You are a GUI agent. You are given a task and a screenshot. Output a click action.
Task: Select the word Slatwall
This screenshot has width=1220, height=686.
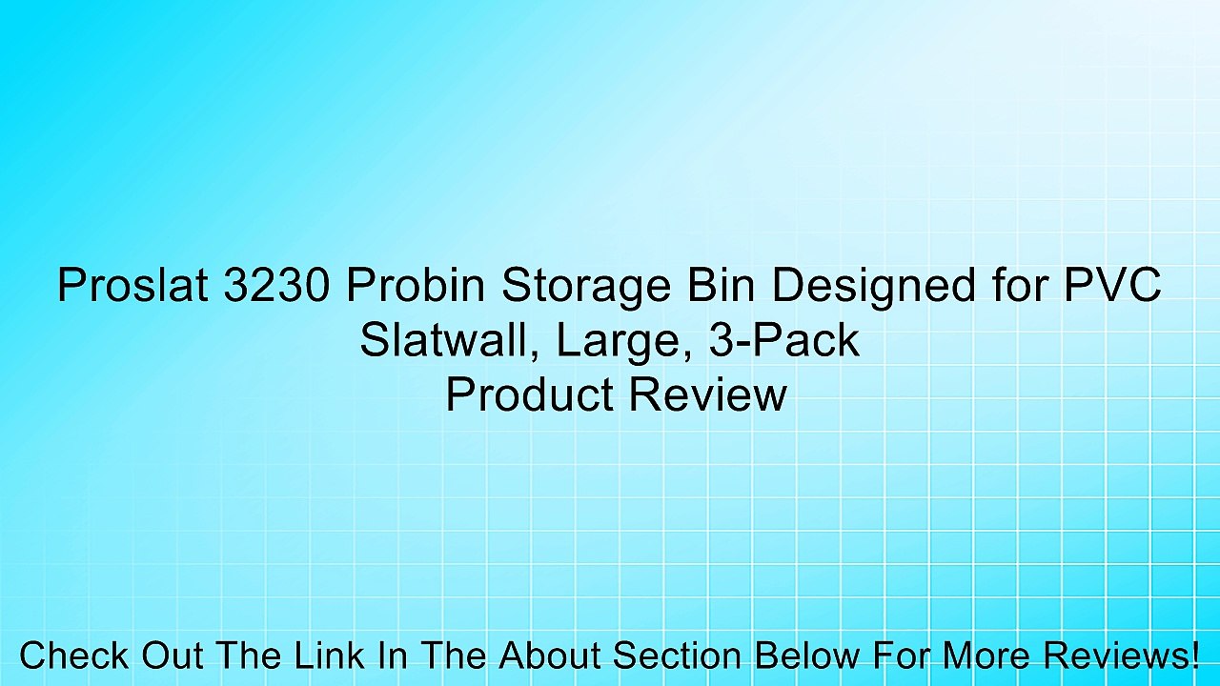(x=439, y=340)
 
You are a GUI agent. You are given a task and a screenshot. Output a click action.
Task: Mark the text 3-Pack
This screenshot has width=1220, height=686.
(x=784, y=340)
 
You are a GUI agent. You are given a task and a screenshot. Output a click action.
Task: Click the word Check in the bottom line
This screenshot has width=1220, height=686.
(x=73, y=656)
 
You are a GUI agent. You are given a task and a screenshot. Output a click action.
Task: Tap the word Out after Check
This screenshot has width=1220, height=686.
(x=174, y=656)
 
